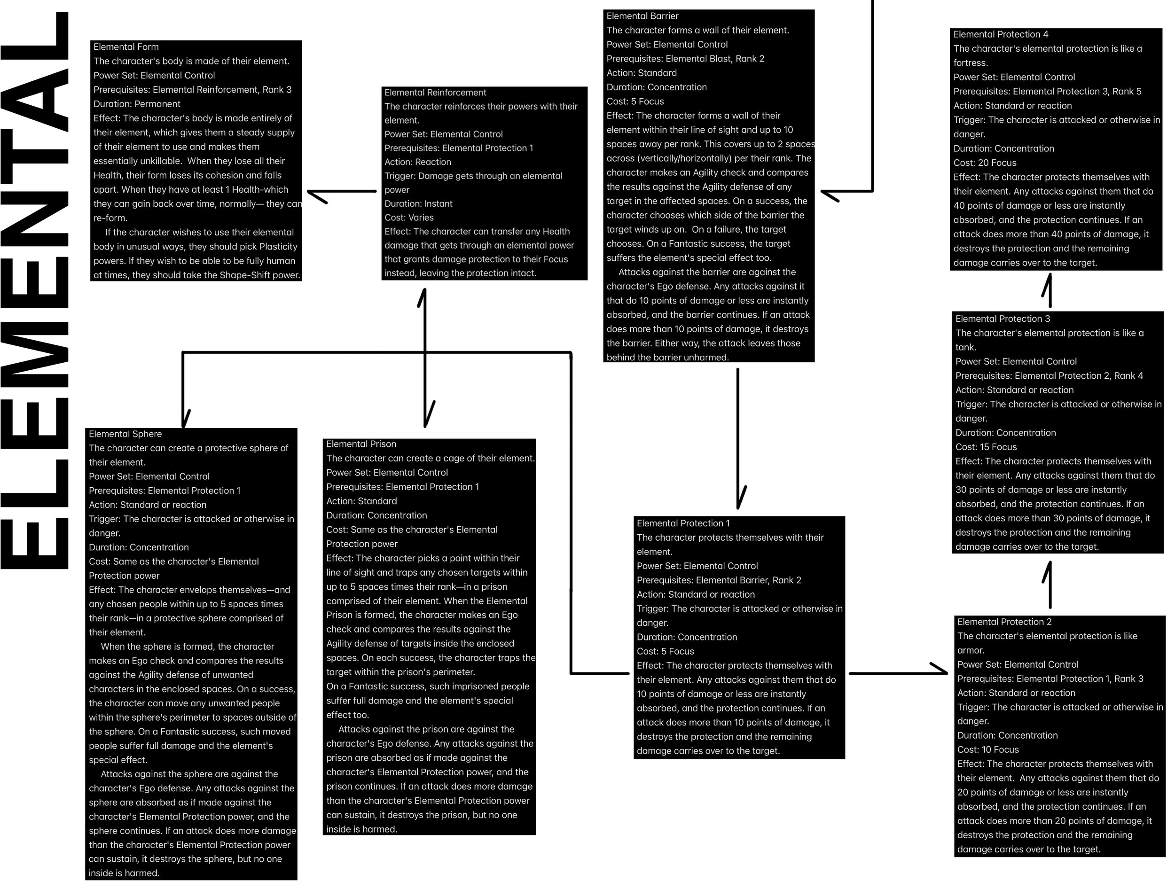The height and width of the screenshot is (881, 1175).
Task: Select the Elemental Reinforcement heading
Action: (x=435, y=93)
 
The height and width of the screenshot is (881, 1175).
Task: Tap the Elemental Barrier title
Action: (x=642, y=16)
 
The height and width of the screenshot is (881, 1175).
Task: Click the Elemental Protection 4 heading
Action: (x=1000, y=34)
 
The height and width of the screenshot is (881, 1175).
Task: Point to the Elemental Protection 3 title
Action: (x=1003, y=319)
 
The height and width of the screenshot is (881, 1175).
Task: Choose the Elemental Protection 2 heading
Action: (x=1004, y=622)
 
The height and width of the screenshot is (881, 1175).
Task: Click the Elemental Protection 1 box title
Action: (x=683, y=523)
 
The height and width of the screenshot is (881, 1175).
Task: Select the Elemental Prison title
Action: (x=360, y=444)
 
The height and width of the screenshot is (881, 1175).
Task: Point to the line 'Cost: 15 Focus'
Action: (x=986, y=447)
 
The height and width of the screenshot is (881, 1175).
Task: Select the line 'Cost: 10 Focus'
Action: (x=987, y=750)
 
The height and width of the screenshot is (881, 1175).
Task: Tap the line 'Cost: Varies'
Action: (x=408, y=218)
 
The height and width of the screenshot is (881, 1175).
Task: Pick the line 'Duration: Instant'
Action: (x=418, y=204)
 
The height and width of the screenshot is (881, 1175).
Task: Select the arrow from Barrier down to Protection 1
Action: (x=738, y=436)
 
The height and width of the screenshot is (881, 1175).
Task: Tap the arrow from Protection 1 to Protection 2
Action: (x=898, y=673)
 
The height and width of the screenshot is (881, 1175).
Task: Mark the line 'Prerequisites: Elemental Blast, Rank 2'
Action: (x=685, y=59)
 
